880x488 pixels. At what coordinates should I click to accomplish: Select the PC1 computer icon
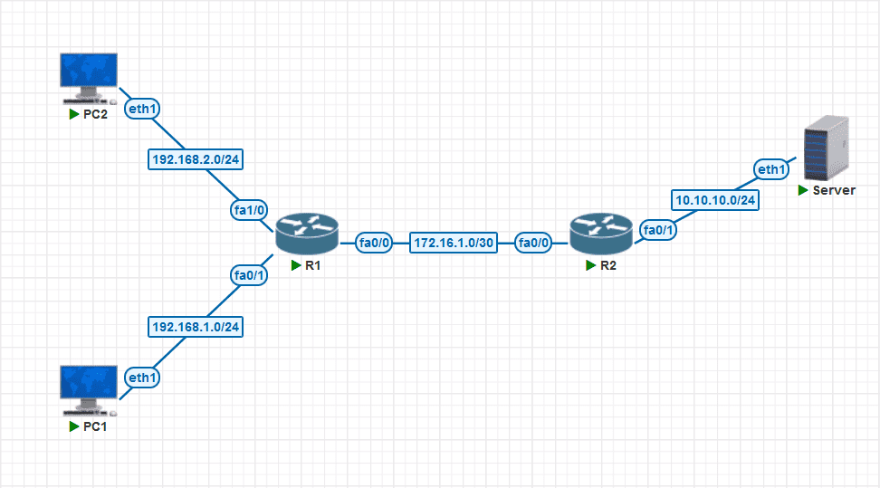[x=88, y=388]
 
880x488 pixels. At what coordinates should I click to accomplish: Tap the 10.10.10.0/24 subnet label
[x=715, y=199]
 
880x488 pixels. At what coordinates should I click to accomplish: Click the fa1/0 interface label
[x=248, y=210]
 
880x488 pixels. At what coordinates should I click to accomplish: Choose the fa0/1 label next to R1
[x=248, y=275]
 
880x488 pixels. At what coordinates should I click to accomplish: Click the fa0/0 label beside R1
[x=375, y=243]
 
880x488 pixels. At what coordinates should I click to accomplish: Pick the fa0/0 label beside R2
[x=535, y=243]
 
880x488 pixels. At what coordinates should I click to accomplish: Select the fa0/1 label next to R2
[x=658, y=230]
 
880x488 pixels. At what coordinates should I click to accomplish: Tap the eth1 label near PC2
[x=142, y=108]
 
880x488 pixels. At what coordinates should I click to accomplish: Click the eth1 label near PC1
[x=142, y=377]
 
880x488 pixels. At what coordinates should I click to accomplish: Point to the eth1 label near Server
[x=771, y=168]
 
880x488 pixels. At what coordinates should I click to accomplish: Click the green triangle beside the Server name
[x=803, y=191]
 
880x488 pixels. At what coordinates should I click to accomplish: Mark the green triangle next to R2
[x=590, y=266]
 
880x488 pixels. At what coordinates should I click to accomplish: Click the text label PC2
[x=95, y=116]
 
